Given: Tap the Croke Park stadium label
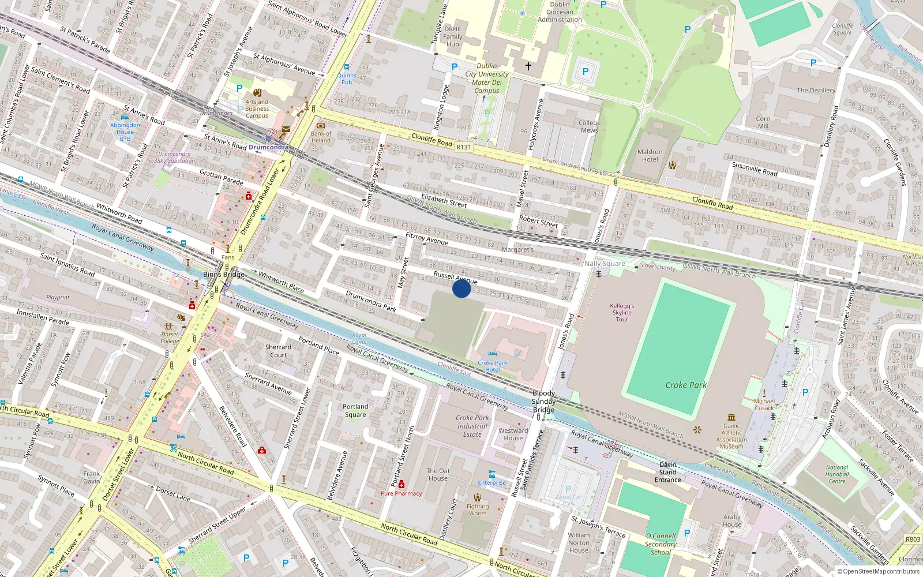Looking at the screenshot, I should click(x=685, y=385).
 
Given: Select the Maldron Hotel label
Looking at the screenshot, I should click(x=650, y=156).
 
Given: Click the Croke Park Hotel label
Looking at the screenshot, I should click(x=492, y=366).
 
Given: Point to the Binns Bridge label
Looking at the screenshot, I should click(x=223, y=275).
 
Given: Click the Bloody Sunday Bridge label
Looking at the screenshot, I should click(x=543, y=401).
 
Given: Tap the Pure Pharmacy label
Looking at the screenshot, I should click(x=401, y=493).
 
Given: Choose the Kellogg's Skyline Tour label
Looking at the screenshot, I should click(x=622, y=313).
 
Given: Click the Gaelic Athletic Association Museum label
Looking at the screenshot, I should click(x=731, y=436).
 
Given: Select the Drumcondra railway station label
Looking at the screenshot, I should click(x=268, y=147).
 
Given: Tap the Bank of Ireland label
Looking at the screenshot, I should click(x=321, y=137).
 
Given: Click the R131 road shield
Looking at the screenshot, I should click(x=464, y=147).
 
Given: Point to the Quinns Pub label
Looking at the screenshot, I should click(x=347, y=78).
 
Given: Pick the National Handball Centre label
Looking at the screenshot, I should click(x=836, y=474).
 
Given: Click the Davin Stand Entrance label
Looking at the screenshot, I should click(x=667, y=472).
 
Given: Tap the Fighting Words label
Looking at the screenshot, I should click(x=478, y=510).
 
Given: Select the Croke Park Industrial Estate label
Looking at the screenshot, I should click(x=472, y=426).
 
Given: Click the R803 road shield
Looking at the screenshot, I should click(x=913, y=539).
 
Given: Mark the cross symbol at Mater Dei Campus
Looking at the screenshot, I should click(x=528, y=66).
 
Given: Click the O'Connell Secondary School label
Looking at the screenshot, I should click(x=661, y=544).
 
